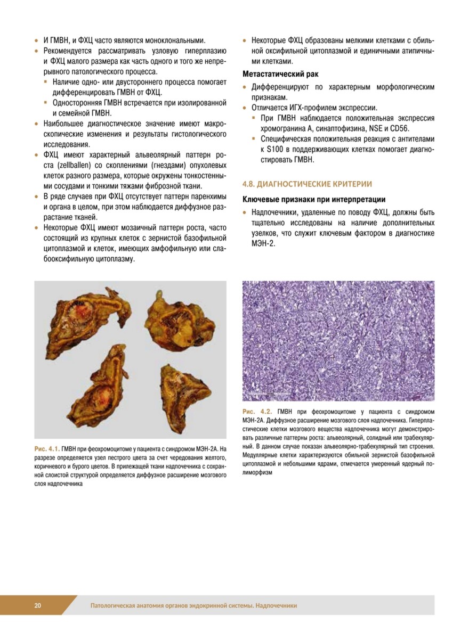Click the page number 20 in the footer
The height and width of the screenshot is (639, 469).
coord(38,605)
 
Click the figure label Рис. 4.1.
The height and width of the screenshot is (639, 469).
coord(47,448)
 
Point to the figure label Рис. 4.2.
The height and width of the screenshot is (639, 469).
coord(257,412)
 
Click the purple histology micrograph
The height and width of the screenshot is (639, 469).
coord(338,341)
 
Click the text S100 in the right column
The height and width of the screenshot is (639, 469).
coord(277,150)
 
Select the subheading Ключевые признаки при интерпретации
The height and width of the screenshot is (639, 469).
coord(313,200)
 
